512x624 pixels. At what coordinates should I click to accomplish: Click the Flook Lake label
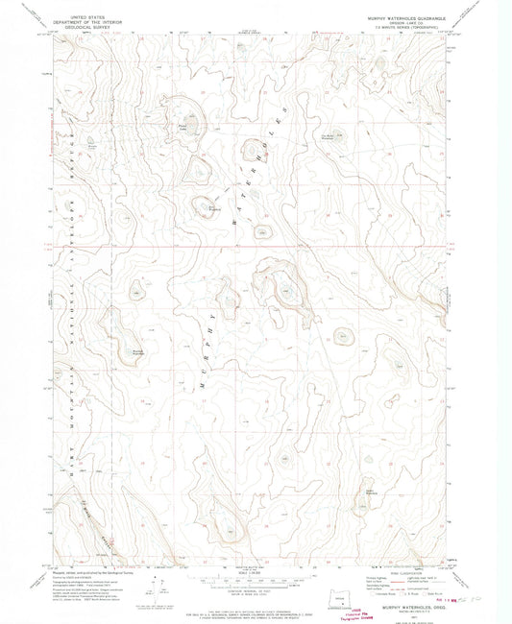click(x=183, y=125)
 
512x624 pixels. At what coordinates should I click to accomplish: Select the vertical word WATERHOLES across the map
click(x=276, y=173)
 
